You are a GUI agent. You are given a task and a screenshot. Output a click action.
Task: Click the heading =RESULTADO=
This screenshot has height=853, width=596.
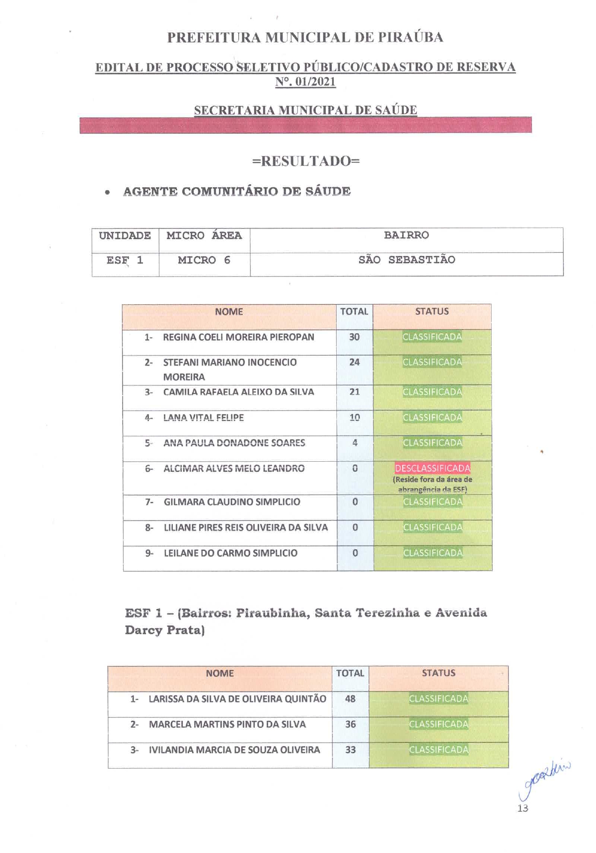click(x=305, y=161)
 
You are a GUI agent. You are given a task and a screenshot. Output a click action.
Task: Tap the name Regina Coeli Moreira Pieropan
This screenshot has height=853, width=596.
click(x=238, y=337)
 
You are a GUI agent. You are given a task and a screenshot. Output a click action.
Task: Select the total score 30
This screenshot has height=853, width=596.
click(x=354, y=337)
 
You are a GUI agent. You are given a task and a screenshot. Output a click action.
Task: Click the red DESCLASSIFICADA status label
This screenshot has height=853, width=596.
click(x=432, y=468)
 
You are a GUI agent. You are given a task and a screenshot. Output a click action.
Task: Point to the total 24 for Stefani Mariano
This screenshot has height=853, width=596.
click(x=354, y=362)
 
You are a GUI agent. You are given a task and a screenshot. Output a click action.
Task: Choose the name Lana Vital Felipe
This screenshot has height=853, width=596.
click(x=204, y=418)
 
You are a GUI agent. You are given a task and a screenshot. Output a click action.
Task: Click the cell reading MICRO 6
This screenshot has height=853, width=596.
click(x=204, y=260)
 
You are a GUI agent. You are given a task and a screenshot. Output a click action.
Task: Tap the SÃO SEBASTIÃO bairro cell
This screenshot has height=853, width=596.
click(x=406, y=260)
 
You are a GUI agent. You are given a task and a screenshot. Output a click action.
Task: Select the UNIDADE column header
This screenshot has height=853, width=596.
click(x=125, y=235)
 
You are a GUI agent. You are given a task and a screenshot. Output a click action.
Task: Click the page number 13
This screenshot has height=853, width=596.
click(x=522, y=808)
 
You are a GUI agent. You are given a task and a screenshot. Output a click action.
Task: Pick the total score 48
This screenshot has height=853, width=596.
click(x=350, y=699)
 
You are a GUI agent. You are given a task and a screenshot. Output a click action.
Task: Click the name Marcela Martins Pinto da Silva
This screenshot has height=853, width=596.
click(x=227, y=724)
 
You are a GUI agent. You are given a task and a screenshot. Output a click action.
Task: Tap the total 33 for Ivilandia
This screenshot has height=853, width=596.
click(x=350, y=750)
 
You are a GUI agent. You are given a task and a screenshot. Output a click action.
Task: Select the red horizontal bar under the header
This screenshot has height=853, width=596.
click(x=305, y=125)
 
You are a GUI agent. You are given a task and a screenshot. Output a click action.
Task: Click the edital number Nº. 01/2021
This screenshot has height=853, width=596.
click(x=305, y=82)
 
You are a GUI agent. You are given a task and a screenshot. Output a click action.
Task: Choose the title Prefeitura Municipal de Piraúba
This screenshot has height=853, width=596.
click(x=305, y=37)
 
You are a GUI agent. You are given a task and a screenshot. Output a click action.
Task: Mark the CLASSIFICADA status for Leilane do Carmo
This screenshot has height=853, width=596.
click(x=433, y=553)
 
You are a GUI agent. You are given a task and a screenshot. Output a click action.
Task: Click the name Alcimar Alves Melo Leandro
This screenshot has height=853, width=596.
click(x=234, y=468)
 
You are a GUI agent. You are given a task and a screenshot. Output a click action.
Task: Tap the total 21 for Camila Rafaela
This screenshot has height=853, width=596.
click(x=354, y=392)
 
